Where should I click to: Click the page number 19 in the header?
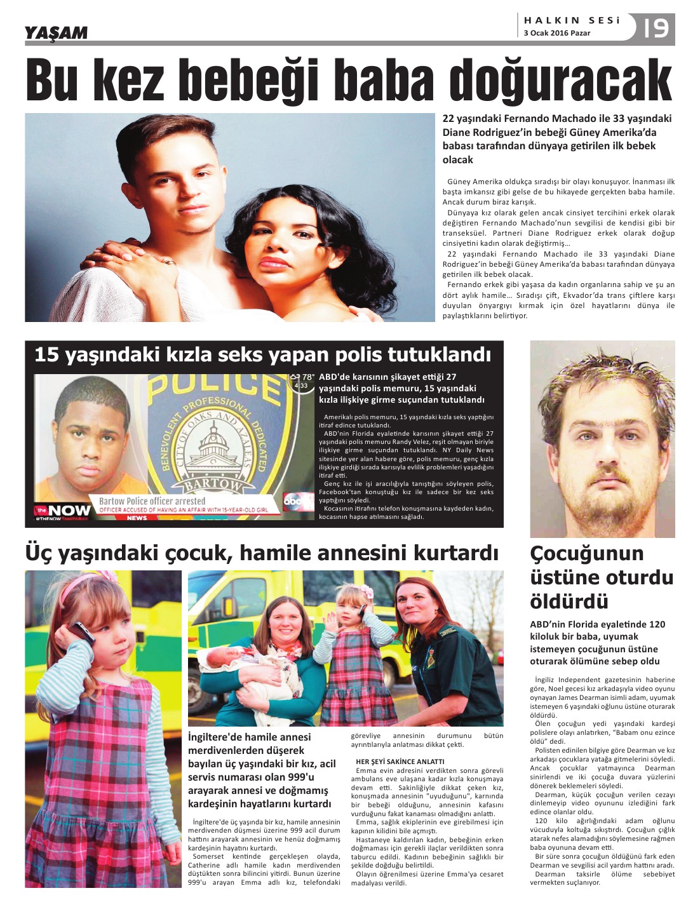click(x=656, y=28)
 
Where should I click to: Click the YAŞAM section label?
click(x=56, y=32)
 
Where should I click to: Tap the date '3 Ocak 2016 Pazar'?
click(x=556, y=33)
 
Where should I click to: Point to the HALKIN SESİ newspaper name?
click(x=572, y=20)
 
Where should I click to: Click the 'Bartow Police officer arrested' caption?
click(x=152, y=500)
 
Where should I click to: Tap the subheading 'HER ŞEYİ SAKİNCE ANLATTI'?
click(x=400, y=761)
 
